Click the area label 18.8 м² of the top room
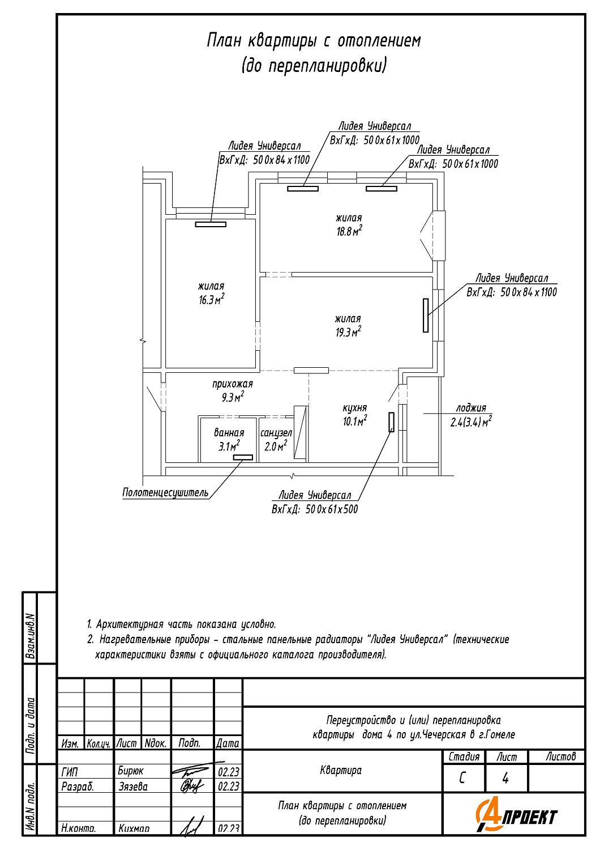[349, 231]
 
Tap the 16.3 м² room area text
[211, 299]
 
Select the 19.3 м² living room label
[348, 332]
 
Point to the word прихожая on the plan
[233, 384]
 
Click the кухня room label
[355, 408]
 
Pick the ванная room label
[229, 433]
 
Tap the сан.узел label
[276, 433]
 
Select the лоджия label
[471, 408]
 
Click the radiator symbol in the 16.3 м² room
[211, 224]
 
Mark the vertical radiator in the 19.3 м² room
[426, 315]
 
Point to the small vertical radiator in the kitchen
[391, 422]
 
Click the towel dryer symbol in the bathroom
[243, 457]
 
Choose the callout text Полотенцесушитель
[165, 493]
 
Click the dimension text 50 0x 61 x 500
[331, 509]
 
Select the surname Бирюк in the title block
[131, 771]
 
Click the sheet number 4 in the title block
[505, 778]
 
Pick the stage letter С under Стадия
[463, 778]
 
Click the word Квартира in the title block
[341, 770]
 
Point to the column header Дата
[228, 743]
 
